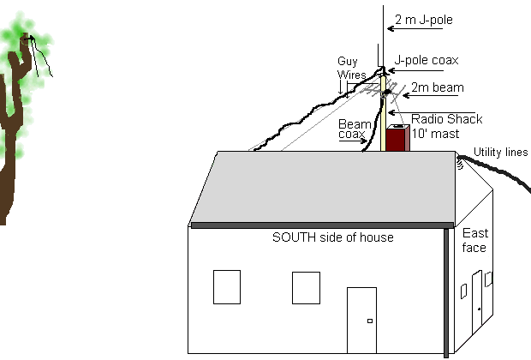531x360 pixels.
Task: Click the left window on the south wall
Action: (x=226, y=286)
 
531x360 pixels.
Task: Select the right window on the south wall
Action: (x=306, y=286)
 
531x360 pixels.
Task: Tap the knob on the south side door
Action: (x=369, y=321)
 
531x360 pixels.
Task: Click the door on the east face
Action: (x=477, y=303)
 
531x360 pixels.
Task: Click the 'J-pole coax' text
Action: (x=427, y=61)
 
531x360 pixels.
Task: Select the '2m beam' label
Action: (x=433, y=87)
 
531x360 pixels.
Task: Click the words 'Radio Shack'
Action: (x=446, y=118)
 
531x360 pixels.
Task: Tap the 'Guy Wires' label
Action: (x=349, y=68)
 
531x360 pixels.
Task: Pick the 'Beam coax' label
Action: (x=355, y=129)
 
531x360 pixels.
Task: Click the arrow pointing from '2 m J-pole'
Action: (x=415, y=28)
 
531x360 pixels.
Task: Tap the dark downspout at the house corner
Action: (x=447, y=291)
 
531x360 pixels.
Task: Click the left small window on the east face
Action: (x=463, y=291)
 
